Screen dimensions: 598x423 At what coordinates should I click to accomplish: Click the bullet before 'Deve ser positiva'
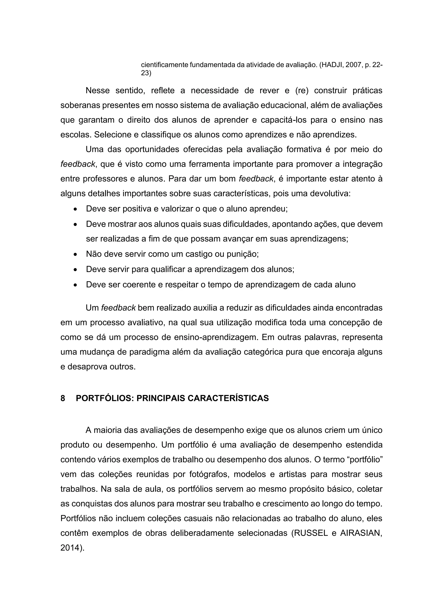[75, 209]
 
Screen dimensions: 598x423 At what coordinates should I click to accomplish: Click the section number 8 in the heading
[63, 398]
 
